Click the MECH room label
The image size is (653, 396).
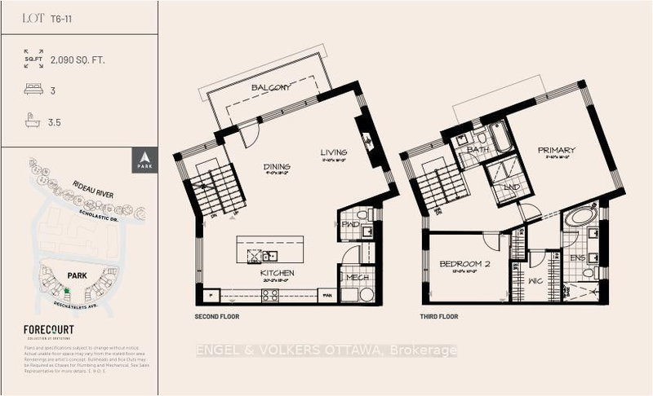pos(356,277)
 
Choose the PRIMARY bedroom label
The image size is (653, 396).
pos(556,150)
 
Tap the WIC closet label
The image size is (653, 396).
pos(536,281)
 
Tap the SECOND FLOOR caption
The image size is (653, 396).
pos(217,315)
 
